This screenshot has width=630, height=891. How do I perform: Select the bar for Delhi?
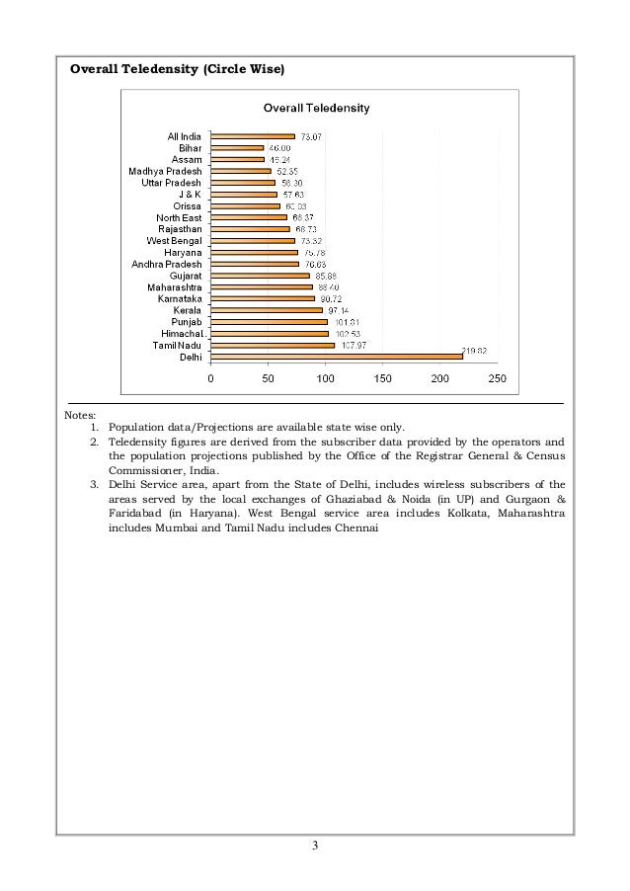(337, 357)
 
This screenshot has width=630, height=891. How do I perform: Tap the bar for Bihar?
(238, 147)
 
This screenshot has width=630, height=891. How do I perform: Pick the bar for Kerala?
(268, 310)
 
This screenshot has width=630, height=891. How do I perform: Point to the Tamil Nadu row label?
(177, 345)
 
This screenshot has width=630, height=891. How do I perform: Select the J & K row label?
(189, 195)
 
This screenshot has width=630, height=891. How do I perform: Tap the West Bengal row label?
(174, 240)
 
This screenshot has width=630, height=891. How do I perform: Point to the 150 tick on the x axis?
(382, 378)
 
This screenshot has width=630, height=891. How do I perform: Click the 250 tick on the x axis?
(497, 378)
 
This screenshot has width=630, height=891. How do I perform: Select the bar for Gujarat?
(261, 276)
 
